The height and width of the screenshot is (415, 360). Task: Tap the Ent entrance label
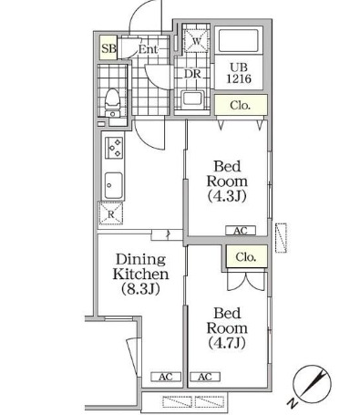pyautogui.click(x=149, y=49)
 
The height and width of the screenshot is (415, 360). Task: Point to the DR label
pyautogui.click(x=192, y=75)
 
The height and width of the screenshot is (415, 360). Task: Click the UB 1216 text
pyautogui.click(x=238, y=72)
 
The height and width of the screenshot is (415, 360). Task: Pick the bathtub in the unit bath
pyautogui.click(x=238, y=43)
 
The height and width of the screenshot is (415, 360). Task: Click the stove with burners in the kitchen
pyautogui.click(x=115, y=146)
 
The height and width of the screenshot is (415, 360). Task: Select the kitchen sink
pyautogui.click(x=114, y=183)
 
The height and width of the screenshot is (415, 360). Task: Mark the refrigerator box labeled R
pyautogui.click(x=111, y=214)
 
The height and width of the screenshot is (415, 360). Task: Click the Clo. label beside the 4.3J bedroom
pyautogui.click(x=241, y=106)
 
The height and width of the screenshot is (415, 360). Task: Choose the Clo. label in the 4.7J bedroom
pyautogui.click(x=246, y=257)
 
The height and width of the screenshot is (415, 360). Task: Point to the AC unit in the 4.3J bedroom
pyautogui.click(x=241, y=231)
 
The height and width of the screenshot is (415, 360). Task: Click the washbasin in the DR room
pyautogui.click(x=192, y=99)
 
